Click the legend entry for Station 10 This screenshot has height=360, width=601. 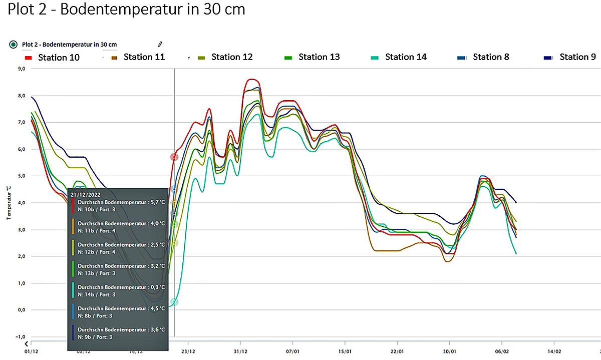coord(58,58)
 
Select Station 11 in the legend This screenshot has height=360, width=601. coord(144,57)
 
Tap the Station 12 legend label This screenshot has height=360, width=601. coord(231,57)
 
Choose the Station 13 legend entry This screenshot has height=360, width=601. coord(319,57)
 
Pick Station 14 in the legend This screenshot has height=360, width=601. coord(405,57)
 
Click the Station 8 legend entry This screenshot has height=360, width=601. coord(490,57)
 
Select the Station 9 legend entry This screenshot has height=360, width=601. coord(577,57)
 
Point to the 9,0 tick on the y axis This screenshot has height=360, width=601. coord(21,69)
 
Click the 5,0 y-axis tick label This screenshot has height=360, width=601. coord(21,176)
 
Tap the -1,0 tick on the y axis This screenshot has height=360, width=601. coord(21,337)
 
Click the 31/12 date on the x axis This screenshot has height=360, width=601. coord(240,351)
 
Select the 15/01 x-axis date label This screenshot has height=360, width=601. coord(345,351)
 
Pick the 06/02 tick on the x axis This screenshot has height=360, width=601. coord(502,351)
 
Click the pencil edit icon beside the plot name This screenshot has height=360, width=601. coord(160,45)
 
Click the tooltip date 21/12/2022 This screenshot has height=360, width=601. coord(87,194)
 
